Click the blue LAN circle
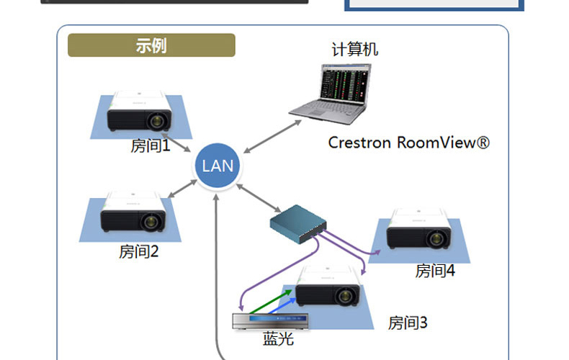coord(218,166)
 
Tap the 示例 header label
coord(151,45)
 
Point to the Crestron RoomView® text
coord(408,143)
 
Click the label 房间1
coord(150,146)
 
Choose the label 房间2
coord(138,252)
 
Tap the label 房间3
coord(408,323)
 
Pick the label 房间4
coord(435,271)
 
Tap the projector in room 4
coord(419,230)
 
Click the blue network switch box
coord(297,222)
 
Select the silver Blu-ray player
coord(271,321)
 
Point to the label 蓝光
coord(278,339)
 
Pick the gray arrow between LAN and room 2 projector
coord(182,188)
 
